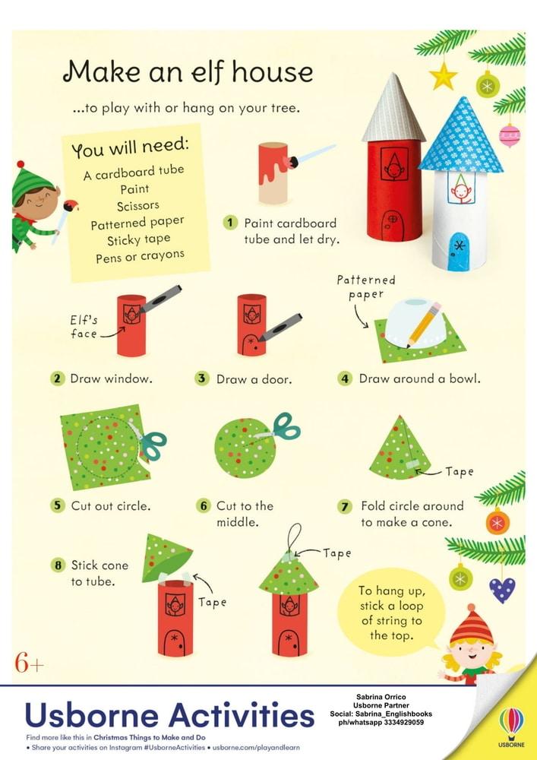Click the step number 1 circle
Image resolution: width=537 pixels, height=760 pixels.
click(230, 223)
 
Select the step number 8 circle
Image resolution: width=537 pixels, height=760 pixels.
click(58, 565)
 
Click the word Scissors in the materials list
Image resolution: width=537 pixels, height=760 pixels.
click(138, 206)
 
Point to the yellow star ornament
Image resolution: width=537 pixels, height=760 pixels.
click(443, 77)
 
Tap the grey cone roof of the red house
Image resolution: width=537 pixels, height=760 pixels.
click(393, 109)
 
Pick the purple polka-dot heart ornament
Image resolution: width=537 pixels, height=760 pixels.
click(501, 590)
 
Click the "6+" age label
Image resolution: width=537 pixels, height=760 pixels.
click(30, 663)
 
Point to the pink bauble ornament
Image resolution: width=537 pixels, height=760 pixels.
click(510, 135)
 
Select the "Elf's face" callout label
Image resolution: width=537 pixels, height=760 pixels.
click(84, 327)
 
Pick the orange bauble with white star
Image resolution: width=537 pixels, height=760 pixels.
click(498, 521)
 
